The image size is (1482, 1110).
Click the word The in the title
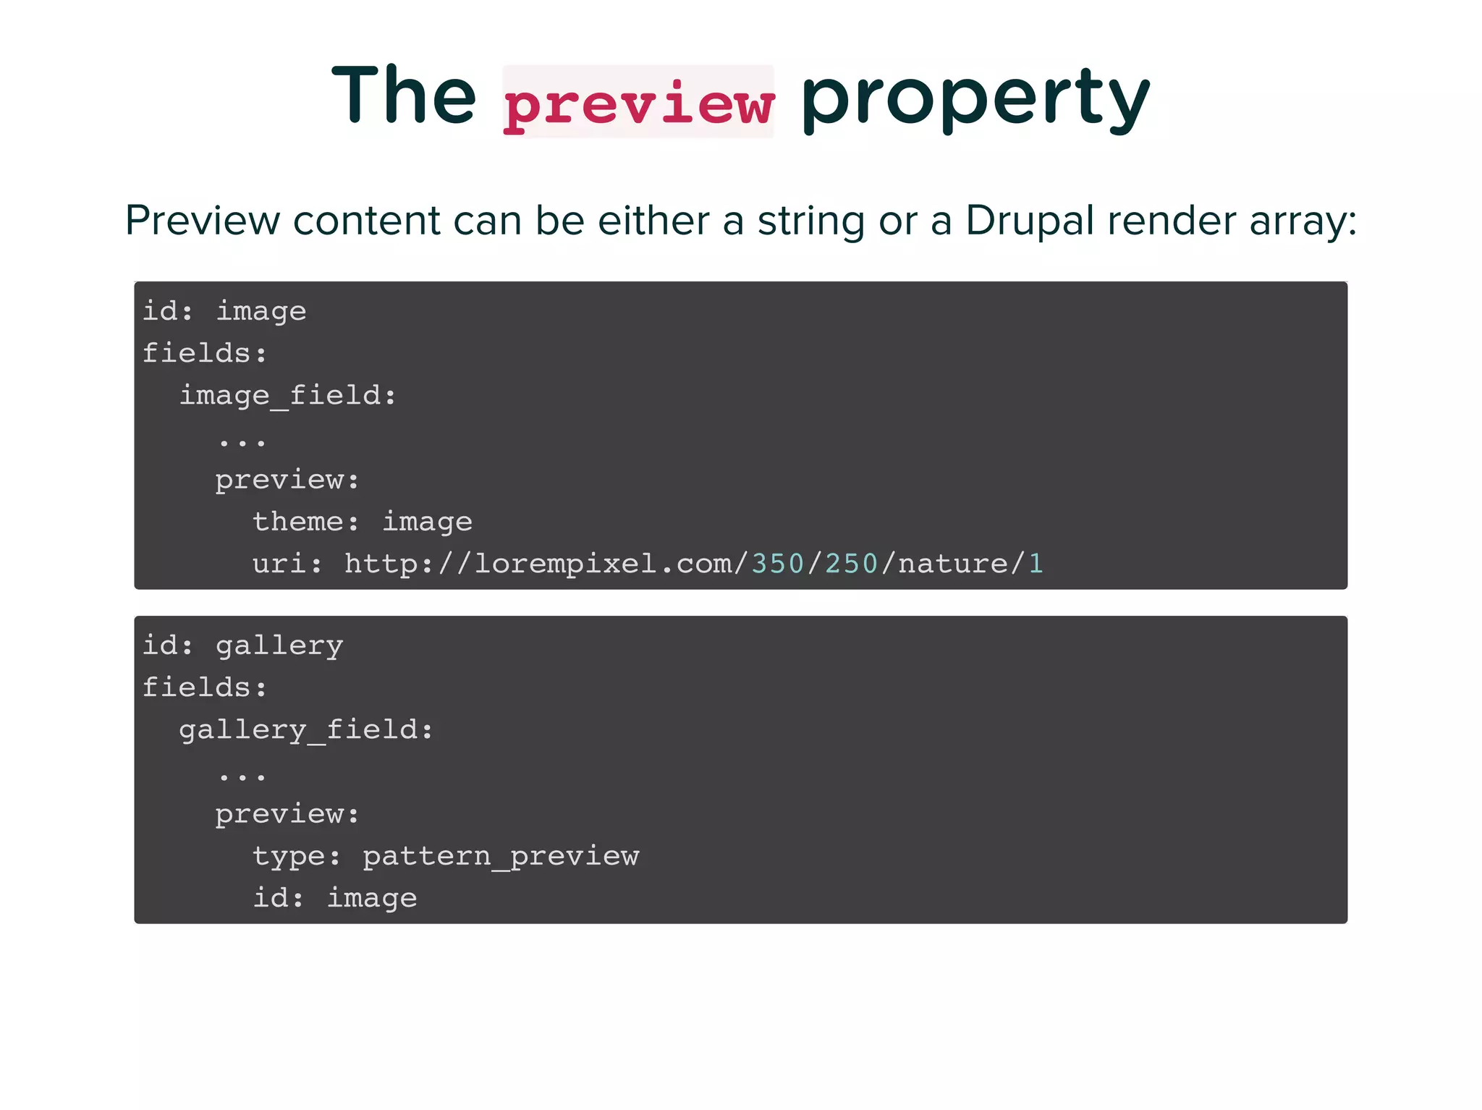coord(404,95)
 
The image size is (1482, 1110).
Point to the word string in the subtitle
coord(810,221)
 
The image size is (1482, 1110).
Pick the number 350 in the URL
coord(778,563)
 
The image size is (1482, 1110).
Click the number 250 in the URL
coord(852,563)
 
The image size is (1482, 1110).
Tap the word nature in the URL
coord(952,563)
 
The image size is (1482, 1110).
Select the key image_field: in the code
coord(288,395)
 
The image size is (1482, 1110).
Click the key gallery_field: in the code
coord(306,729)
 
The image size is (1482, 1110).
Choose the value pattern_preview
coord(501,856)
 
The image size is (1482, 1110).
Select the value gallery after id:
coord(279,645)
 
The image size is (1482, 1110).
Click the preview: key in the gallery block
coord(287,814)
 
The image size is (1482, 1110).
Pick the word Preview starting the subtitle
coord(203,221)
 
